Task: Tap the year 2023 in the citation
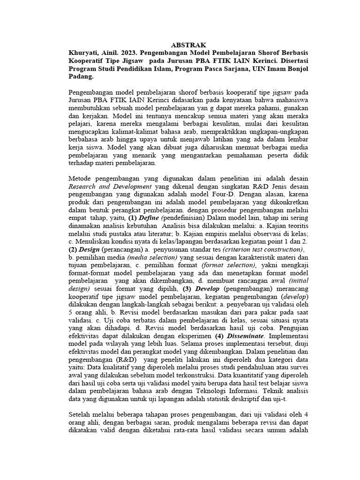pyautogui.click(x=137, y=53)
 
